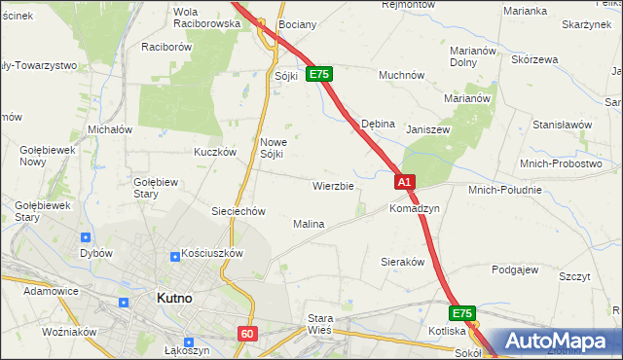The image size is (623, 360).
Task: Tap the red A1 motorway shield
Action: (406, 182)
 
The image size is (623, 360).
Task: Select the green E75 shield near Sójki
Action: (320, 73)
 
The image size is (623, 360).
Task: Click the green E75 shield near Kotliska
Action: (462, 313)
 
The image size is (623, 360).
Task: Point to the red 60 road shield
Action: (246, 334)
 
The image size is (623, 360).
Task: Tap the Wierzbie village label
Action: (333, 185)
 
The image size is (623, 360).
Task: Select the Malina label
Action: (309, 224)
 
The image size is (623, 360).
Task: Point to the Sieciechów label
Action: (239, 211)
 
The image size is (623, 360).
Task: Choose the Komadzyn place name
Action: (415, 209)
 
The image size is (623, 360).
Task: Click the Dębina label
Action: (378, 125)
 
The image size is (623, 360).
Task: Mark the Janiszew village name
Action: (428, 129)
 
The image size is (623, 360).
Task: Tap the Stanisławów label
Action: (563, 125)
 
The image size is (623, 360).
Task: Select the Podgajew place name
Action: (516, 270)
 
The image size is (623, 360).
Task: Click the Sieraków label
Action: (400, 262)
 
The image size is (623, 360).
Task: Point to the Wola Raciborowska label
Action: (205, 17)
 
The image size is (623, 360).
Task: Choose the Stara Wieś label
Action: (320, 324)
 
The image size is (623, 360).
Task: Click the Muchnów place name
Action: (402, 74)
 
